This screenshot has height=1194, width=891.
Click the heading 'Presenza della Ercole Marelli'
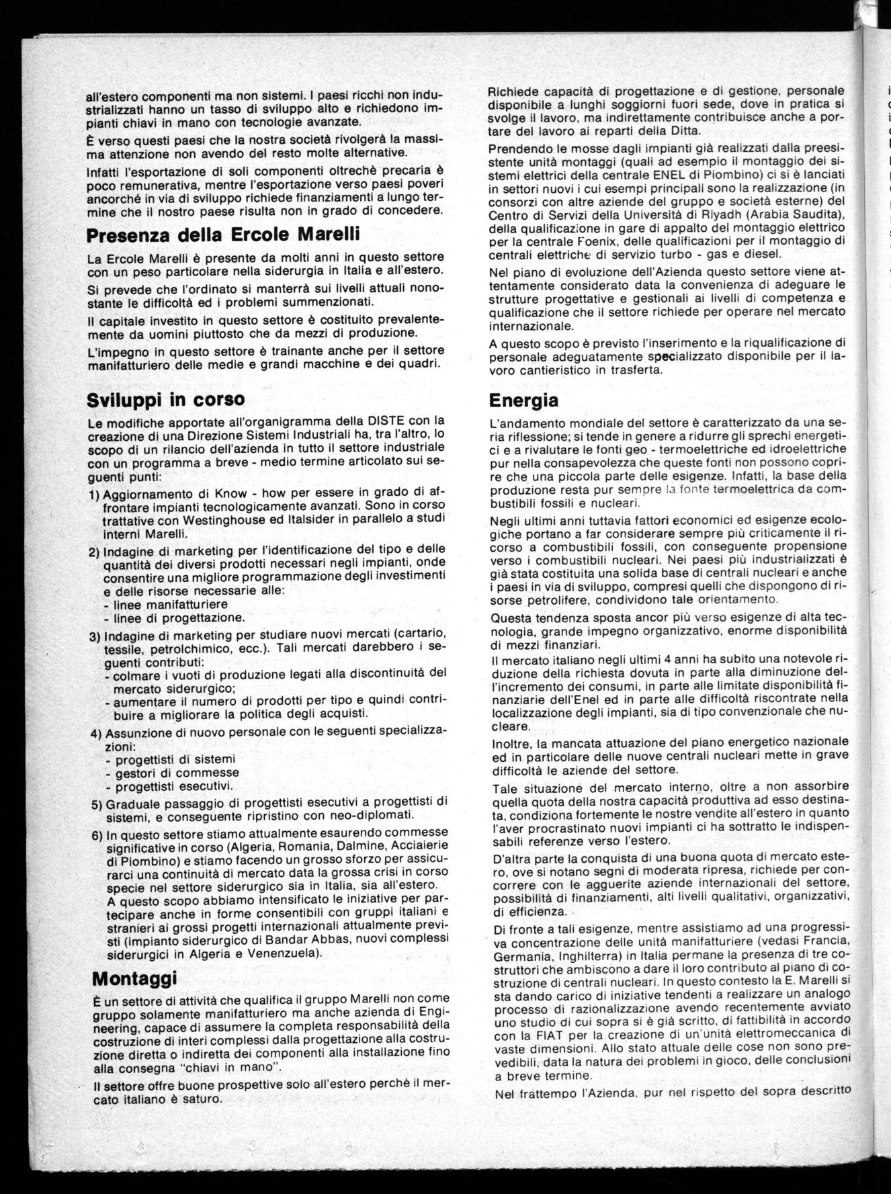click(224, 235)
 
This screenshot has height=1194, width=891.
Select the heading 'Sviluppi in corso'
click(166, 399)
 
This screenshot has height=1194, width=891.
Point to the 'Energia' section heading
click(523, 400)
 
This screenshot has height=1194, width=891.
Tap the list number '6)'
click(96, 835)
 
